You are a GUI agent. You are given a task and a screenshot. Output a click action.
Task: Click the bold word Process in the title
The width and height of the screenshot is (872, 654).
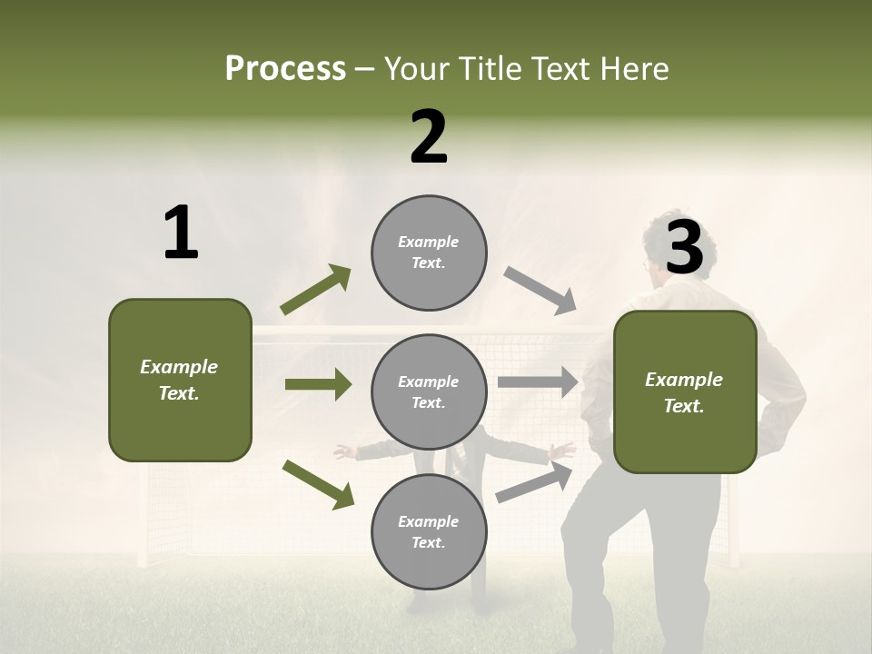point(285,69)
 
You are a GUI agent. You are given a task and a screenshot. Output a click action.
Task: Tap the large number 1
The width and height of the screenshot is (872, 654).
point(181,233)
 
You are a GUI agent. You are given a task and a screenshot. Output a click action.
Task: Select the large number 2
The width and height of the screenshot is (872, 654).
point(429,137)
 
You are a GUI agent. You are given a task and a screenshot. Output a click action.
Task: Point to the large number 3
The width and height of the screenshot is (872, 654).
point(684,247)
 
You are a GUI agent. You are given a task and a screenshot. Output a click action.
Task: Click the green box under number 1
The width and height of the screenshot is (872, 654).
point(180,380)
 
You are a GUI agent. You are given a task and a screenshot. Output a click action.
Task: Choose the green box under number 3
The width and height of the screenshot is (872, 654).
point(685,391)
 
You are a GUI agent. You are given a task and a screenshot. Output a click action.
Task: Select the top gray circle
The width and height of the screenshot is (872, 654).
point(429,253)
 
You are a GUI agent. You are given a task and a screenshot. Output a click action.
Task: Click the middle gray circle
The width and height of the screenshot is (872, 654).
point(429,391)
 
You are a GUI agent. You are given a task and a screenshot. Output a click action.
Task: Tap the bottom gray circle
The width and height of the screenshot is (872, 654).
point(429,531)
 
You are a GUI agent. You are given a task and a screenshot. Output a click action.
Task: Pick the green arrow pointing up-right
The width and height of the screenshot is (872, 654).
point(316,290)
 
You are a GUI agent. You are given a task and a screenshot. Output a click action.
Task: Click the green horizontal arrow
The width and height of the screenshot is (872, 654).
point(318,384)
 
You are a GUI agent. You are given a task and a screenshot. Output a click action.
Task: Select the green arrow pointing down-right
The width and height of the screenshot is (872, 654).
point(318,483)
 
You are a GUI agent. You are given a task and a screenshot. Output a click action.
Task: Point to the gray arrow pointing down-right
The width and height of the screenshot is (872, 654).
point(540,290)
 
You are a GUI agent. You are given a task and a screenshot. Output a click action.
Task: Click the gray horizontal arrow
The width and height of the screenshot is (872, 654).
point(538,381)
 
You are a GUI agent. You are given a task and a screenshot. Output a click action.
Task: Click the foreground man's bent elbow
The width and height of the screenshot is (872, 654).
point(790,400)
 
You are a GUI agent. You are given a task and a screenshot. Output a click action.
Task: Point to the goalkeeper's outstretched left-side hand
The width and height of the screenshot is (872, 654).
point(343,451)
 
